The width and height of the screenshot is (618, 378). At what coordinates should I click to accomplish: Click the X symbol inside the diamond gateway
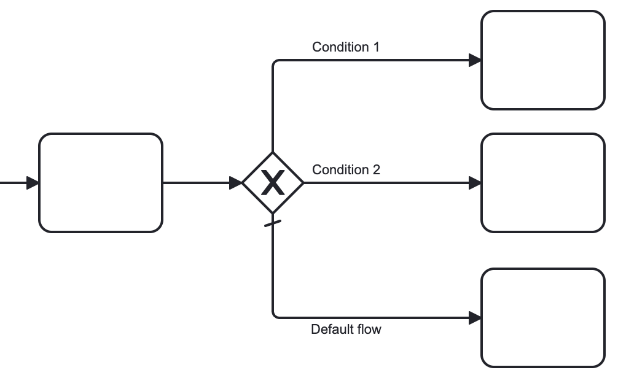pos(273,183)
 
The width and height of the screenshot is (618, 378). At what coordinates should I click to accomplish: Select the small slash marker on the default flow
pos(273,223)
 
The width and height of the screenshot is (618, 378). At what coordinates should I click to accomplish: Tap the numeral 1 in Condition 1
pos(375,47)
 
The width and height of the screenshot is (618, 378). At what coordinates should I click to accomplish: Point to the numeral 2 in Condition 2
pos(376,170)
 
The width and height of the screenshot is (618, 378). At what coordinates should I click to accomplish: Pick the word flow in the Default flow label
pos(369,330)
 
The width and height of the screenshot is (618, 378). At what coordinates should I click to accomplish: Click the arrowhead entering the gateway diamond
pos(236,183)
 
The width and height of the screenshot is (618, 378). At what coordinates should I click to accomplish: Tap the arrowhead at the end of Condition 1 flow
pos(475,60)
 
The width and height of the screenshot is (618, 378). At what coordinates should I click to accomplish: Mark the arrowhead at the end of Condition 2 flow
pos(475,183)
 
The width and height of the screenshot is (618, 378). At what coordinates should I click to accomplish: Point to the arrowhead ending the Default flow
pos(475,318)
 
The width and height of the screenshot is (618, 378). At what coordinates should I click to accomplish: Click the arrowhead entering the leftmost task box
pos(33,183)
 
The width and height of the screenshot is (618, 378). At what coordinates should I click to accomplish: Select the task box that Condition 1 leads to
pos(543,60)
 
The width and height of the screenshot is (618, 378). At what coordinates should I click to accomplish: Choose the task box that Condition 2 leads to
pos(543,183)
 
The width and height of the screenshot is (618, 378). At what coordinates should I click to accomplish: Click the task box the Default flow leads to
pos(543,318)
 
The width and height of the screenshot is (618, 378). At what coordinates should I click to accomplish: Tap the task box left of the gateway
pos(101,183)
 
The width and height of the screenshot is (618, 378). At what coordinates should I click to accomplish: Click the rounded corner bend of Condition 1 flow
pos(275,62)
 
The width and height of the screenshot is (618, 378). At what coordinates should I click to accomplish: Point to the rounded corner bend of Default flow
pos(275,316)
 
